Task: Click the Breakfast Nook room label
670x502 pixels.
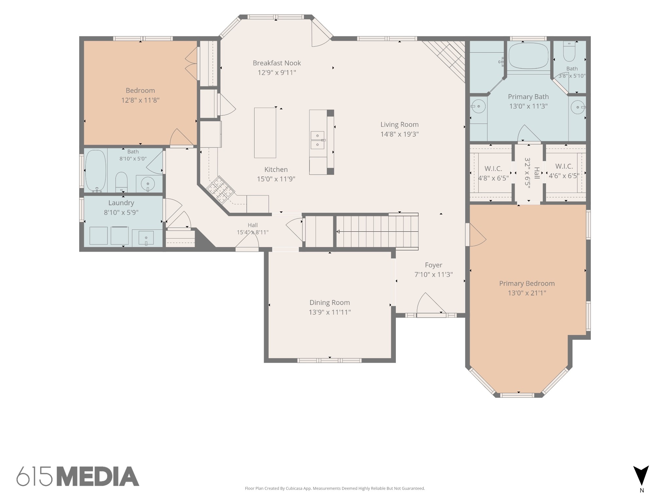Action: [x=277, y=63]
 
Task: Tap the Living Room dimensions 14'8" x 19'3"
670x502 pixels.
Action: [x=399, y=134]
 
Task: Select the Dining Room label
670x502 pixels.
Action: [x=330, y=303]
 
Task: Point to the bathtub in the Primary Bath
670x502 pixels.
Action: [x=529, y=56]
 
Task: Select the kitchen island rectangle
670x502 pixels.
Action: [x=265, y=133]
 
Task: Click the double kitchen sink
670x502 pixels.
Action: [x=317, y=140]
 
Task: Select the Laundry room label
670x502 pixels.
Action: [x=121, y=203]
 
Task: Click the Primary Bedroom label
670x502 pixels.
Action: [x=527, y=284]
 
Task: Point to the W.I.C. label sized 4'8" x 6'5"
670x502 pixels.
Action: [x=493, y=169]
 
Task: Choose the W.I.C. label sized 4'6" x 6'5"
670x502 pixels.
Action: [x=564, y=166]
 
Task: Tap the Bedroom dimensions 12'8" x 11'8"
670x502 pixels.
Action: [x=140, y=100]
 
